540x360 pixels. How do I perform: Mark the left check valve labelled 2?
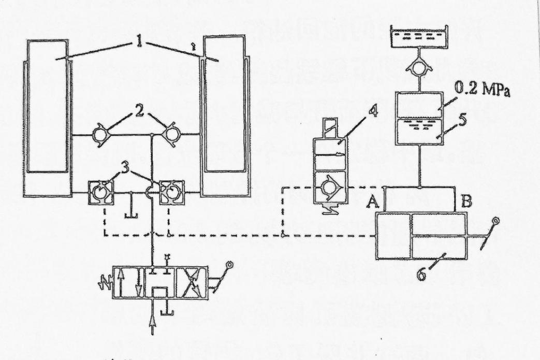pos(99,135)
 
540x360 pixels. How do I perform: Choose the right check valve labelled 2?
pos(171,135)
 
